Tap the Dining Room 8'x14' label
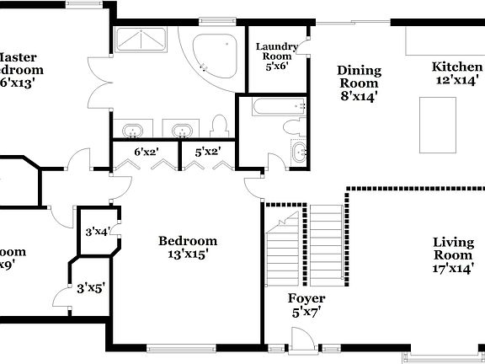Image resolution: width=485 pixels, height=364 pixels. click(x=359, y=83)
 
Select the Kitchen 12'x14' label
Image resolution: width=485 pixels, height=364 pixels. click(x=457, y=73)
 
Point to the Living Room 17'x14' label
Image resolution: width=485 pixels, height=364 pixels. click(x=453, y=255)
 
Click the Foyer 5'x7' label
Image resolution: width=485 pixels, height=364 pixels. click(x=306, y=305)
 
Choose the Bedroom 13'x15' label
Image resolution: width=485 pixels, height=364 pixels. click(x=188, y=246)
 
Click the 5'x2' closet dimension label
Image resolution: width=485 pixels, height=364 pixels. click(x=208, y=153)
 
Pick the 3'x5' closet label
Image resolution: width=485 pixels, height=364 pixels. click(x=90, y=286)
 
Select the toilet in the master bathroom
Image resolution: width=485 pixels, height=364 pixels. click(x=220, y=127)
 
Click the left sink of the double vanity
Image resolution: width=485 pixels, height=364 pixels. click(x=133, y=131)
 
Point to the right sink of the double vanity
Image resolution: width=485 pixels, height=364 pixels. click(x=180, y=131)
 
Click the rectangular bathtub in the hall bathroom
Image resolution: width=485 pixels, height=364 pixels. click(x=272, y=106)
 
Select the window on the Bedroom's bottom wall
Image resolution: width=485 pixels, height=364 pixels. click(x=180, y=346)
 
